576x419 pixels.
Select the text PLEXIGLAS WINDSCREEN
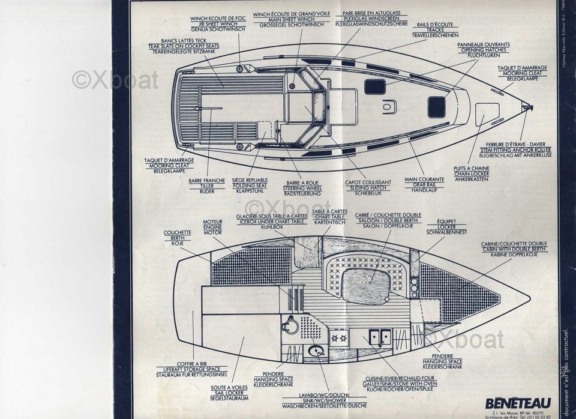coord(367,19)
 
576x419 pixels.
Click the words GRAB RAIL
coord(424,184)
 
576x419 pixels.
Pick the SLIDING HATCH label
coord(368,188)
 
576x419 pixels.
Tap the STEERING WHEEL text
coord(302,188)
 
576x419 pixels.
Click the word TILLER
coord(207,186)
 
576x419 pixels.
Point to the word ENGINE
coord(212,227)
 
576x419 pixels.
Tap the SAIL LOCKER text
coord(229,394)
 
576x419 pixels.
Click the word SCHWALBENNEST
coord(446,231)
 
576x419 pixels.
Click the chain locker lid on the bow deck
coord(487,114)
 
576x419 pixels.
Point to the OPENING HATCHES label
coord(483,50)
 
